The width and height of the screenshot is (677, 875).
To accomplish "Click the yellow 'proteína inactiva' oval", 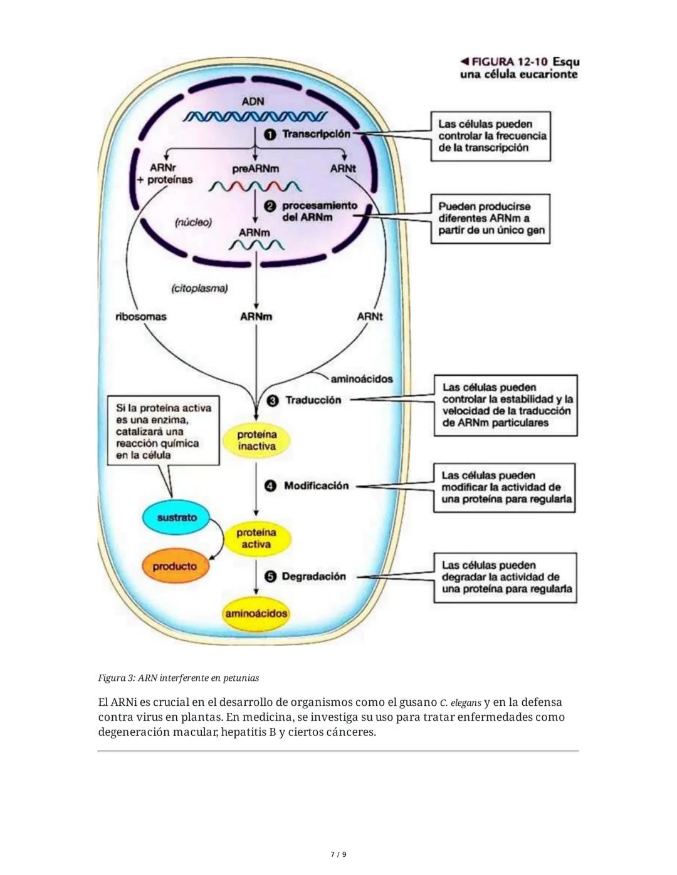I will [x=257, y=440].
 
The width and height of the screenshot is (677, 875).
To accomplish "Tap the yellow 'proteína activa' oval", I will [x=256, y=539].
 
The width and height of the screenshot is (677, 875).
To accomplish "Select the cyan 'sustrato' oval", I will [x=177, y=517].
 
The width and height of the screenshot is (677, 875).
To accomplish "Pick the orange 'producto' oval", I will [x=175, y=566].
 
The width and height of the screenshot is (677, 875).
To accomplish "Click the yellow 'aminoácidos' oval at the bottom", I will [x=256, y=613].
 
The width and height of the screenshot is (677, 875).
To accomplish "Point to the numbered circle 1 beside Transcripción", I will [x=270, y=134].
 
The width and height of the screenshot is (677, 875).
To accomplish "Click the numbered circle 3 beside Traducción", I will [x=273, y=400].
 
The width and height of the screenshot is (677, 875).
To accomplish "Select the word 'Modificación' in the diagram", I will [x=316, y=485].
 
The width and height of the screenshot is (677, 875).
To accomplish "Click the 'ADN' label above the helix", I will [x=253, y=101].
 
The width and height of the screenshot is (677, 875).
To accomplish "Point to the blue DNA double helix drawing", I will [x=255, y=117].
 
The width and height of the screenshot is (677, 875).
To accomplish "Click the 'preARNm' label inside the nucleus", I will [x=256, y=168].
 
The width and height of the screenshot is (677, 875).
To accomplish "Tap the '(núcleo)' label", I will [x=193, y=222].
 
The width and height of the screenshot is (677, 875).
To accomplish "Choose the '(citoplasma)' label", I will [x=199, y=288].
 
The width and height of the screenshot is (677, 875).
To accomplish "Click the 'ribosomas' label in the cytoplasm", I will [x=141, y=316].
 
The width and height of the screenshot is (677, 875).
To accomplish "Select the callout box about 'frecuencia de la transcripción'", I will [x=490, y=136].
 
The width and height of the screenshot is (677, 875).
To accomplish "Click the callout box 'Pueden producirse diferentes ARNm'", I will [x=490, y=218].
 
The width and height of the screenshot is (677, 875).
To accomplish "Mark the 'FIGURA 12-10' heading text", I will [x=509, y=62].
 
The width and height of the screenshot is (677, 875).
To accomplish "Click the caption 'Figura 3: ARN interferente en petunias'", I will [x=179, y=678].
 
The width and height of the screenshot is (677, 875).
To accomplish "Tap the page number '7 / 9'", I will [x=338, y=854].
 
